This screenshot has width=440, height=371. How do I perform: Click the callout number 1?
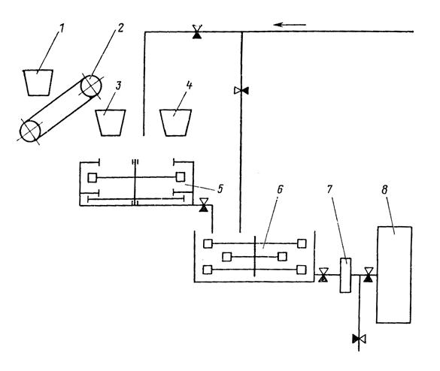point(61,29)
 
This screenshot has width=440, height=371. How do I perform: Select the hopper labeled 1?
point(38,83)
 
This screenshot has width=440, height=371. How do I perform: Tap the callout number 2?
point(120,28)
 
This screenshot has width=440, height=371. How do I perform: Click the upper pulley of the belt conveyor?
point(91,86)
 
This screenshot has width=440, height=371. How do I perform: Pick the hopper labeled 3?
point(111,122)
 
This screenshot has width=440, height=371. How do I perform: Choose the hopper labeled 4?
point(176,122)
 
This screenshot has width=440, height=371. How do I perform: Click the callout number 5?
point(220,189)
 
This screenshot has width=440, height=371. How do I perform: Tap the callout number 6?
point(280,189)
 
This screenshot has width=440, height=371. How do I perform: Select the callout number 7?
point(329,189)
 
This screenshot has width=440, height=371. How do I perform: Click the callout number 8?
point(384,190)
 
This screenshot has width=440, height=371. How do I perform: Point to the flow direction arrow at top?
point(290,25)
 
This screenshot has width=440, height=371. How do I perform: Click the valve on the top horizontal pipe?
point(197,32)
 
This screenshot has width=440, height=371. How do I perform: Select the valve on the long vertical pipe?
point(241,91)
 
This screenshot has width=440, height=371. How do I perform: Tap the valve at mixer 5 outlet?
point(203,205)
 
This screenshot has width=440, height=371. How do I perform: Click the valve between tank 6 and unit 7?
point(323,275)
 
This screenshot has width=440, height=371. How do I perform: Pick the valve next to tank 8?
point(368,275)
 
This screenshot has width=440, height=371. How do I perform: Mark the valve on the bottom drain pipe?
point(359,339)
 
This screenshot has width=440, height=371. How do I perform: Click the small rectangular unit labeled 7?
point(345,275)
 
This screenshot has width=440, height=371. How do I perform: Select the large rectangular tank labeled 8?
point(394,275)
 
